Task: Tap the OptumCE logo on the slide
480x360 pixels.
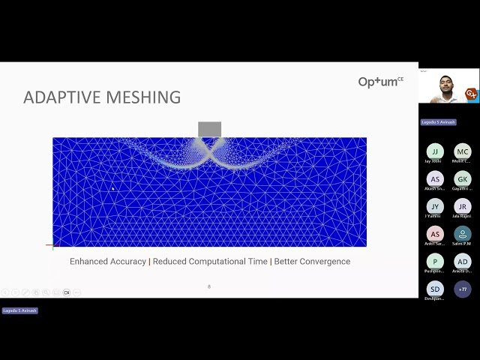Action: [x=380, y=82]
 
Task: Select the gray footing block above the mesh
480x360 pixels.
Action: [x=209, y=129]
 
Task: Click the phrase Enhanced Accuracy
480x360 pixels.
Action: [x=108, y=262]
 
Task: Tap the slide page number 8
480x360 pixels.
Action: [x=209, y=286]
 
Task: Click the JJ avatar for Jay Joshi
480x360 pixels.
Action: [x=435, y=151]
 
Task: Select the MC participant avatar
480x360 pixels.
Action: [x=463, y=151]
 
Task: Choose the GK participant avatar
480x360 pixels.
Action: [x=463, y=178]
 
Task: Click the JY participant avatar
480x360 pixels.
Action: [x=435, y=206]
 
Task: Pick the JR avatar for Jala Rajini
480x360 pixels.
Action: [x=463, y=206]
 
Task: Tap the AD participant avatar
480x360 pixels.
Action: [x=463, y=261]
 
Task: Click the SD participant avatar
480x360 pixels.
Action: [x=435, y=289]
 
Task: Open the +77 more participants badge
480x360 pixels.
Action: [x=463, y=289]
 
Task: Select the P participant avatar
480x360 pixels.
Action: [x=435, y=261]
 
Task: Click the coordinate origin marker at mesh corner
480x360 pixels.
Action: [x=52, y=245]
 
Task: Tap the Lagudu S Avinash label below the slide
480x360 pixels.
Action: [x=19, y=310]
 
